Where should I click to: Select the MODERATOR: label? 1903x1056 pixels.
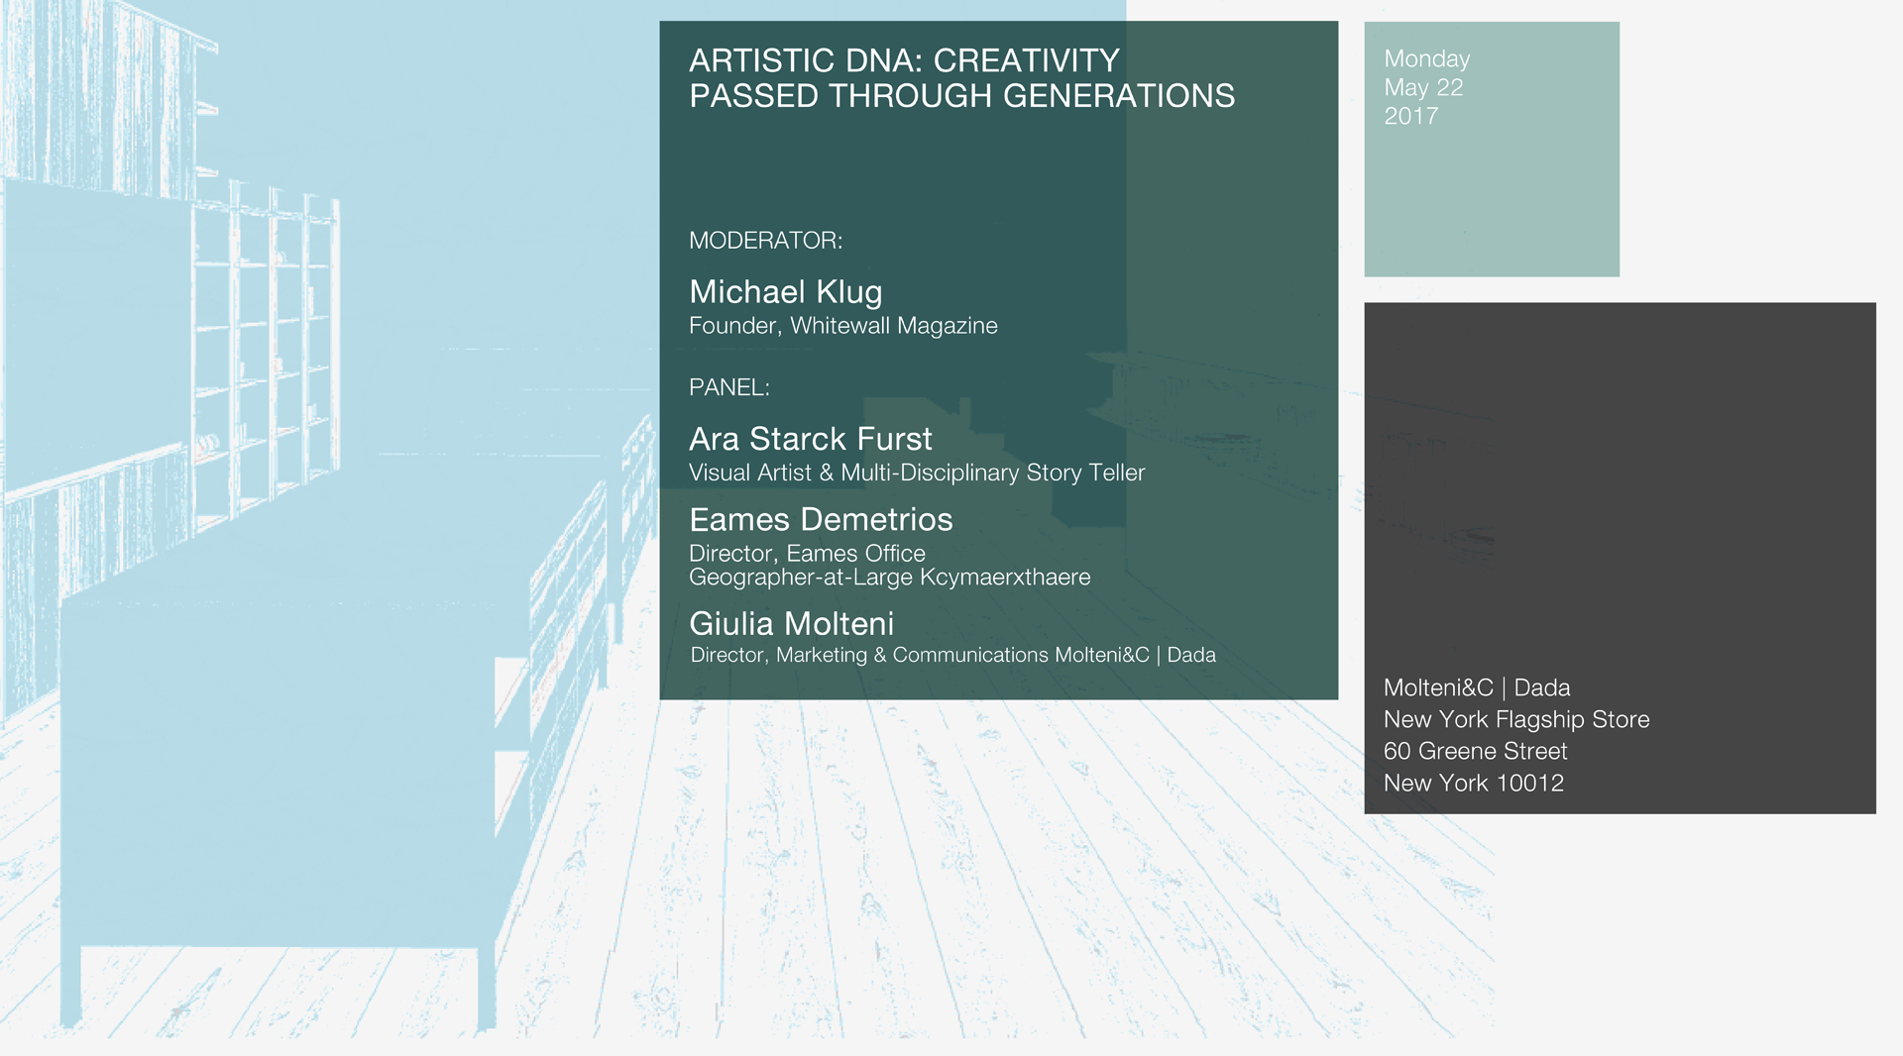766,241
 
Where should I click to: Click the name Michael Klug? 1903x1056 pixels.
786,292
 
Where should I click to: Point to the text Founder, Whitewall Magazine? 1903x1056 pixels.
843,326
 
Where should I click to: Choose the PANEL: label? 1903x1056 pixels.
729,387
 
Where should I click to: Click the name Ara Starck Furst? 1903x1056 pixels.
811,439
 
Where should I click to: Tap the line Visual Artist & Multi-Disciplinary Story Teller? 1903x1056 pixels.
917,473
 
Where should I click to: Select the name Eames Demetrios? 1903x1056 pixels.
821,520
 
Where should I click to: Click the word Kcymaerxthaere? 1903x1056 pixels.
1005,578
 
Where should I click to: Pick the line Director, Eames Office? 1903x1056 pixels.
807,554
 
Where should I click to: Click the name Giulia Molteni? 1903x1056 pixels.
792,624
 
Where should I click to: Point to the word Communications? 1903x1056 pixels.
970,655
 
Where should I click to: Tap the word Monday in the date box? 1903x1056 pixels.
1427,59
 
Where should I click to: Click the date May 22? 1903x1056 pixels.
1423,87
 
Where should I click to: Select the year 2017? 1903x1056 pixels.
1411,116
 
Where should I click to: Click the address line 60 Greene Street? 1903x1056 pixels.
1476,751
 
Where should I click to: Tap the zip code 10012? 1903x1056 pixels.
1530,783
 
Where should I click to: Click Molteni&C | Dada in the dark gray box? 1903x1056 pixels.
1477,687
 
